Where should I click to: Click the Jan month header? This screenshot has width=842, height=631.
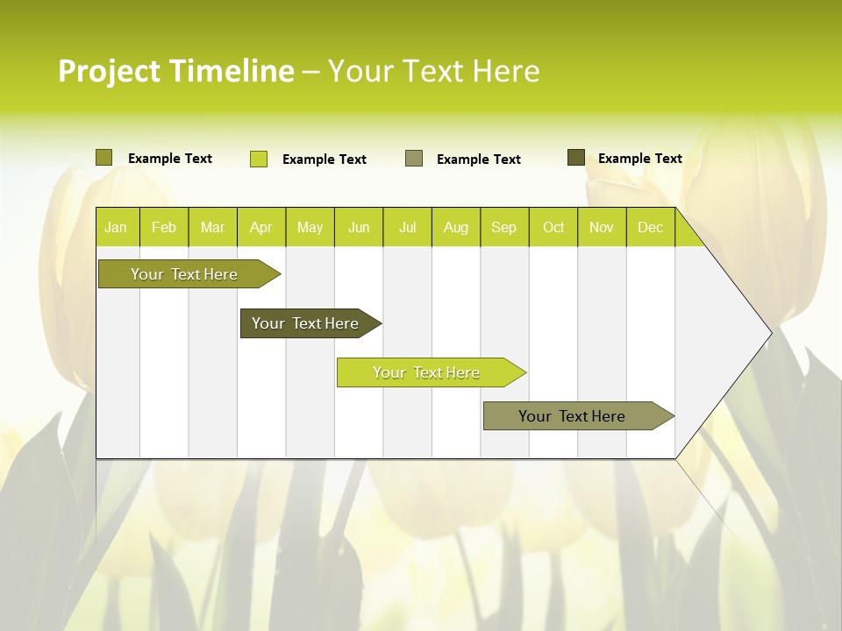pyautogui.click(x=116, y=228)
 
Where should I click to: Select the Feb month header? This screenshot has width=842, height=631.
pyautogui.click(x=164, y=228)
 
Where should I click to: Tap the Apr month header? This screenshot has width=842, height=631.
pyautogui.click(x=260, y=228)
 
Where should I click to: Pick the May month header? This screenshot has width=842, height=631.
pyautogui.click(x=310, y=228)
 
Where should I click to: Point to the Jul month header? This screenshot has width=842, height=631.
pyautogui.click(x=407, y=228)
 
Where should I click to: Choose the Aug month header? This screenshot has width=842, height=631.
pyautogui.click(x=455, y=228)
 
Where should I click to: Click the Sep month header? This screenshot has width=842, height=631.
pyautogui.click(x=503, y=228)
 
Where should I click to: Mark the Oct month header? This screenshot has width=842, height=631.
pyautogui.click(x=553, y=228)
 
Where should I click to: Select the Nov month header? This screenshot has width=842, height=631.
pyautogui.click(x=602, y=228)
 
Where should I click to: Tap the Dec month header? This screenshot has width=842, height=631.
pyautogui.click(x=650, y=228)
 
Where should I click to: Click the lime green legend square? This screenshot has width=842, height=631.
pyautogui.click(x=259, y=159)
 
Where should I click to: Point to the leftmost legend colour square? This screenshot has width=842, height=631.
pyautogui.click(x=104, y=158)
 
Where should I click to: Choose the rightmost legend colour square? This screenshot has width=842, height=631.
pyautogui.click(x=576, y=158)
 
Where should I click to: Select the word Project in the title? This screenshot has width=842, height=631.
pyautogui.click(x=110, y=71)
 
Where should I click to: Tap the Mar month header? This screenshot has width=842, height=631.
pyautogui.click(x=212, y=228)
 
